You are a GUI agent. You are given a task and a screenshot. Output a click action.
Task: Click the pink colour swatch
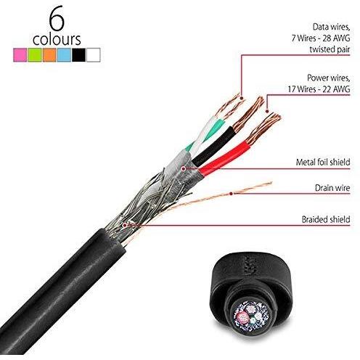click(x=20, y=55)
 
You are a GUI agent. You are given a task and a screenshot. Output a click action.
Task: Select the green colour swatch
click(x=35, y=55)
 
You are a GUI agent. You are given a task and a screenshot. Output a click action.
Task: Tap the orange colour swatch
click(x=49, y=55)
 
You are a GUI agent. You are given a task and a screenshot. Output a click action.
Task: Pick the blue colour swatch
click(x=64, y=55)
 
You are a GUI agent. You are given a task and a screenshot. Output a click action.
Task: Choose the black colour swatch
click(x=78, y=55)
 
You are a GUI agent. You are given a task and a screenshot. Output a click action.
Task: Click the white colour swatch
click(x=94, y=55)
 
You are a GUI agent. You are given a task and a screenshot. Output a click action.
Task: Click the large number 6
click(x=57, y=19)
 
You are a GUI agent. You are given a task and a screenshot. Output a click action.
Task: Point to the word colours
click(x=57, y=39)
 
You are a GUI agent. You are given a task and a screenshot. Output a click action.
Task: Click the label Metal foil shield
click(x=323, y=162)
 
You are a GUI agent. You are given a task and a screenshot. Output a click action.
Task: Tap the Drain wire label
click(x=332, y=188)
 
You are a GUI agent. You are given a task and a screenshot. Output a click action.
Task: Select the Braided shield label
click(x=326, y=219)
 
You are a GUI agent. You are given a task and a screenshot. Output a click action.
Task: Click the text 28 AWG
click(x=336, y=38)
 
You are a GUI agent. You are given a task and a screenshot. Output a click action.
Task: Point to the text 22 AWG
click(x=336, y=89)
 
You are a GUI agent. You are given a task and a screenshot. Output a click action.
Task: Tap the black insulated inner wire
click(x=213, y=146)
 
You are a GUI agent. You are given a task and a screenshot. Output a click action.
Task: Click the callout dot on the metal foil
click(x=184, y=168)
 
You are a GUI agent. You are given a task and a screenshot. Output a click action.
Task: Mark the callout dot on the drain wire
click(x=232, y=193)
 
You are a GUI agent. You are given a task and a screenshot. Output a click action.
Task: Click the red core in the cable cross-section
click(x=242, y=316)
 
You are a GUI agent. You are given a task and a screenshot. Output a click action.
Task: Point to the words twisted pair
click(x=330, y=49)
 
